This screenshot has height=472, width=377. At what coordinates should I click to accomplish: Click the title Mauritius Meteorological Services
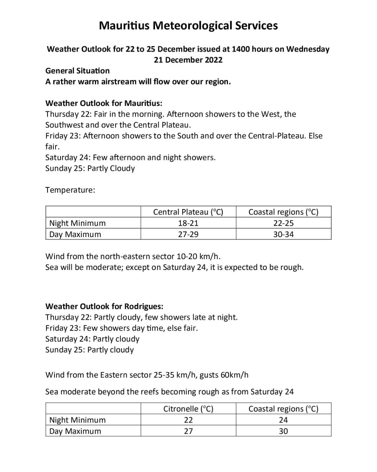coord(188,26)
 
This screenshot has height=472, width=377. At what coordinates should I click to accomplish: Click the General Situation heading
coord(77,71)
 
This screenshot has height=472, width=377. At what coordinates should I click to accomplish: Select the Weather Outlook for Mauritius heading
coord(103,103)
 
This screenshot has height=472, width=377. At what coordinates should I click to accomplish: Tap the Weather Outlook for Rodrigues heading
coord(104,306)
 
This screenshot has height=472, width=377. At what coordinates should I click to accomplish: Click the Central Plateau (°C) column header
coord(188,212)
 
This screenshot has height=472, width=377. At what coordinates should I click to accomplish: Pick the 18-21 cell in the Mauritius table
coord(188,223)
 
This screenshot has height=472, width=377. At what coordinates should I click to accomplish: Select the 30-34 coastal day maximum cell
coord(283,235)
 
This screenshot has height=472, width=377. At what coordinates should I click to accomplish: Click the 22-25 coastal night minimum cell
coord(283,223)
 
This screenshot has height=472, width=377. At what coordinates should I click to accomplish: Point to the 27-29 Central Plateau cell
coord(188,235)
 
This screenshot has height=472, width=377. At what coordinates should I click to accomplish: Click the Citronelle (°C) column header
coord(188,409)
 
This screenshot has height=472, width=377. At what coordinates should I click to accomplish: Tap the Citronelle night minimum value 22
coord(188,420)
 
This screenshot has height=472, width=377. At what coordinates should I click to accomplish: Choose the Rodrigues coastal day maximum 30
coord(283,431)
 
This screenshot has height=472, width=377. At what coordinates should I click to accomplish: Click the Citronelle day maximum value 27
coord(188,431)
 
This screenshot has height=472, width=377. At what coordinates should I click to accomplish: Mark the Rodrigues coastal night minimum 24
coord(283,420)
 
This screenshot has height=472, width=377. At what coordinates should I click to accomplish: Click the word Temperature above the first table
coord(70,190)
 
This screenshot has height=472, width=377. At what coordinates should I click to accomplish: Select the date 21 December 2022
coord(188,60)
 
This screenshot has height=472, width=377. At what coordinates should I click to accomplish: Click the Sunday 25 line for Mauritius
coord(90,169)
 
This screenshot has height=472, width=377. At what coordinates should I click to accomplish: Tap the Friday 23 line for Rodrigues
coord(121,328)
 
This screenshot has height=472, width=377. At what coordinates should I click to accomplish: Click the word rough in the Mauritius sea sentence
coord(292,267)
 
